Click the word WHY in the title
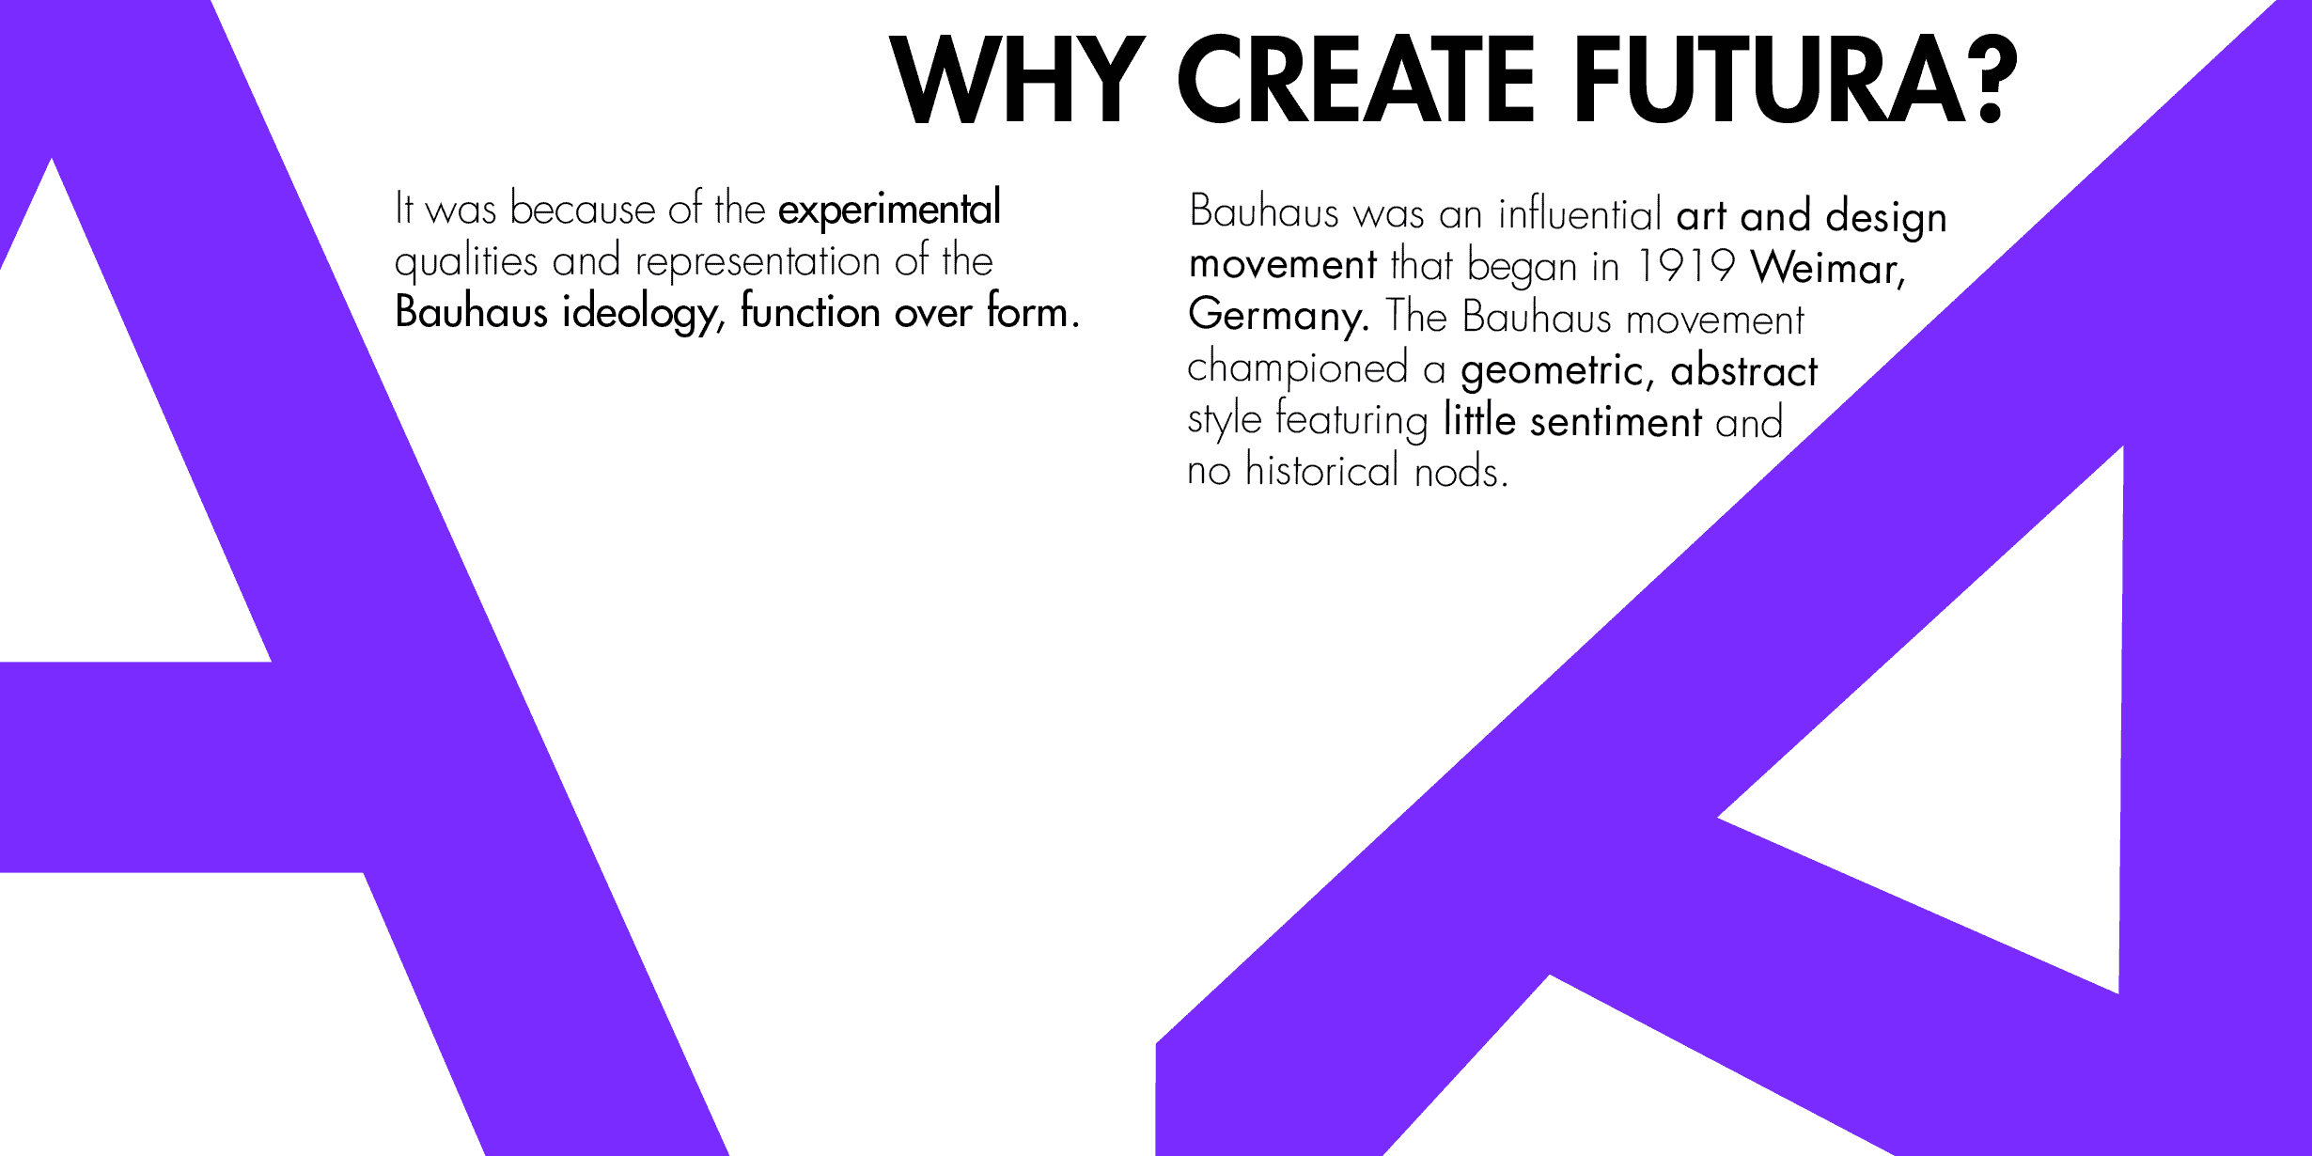1018,80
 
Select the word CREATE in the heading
1357,80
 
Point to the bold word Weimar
1828,268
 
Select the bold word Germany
1278,317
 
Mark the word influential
1580,213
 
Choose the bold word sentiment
1616,422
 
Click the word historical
1322,469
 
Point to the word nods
1461,471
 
